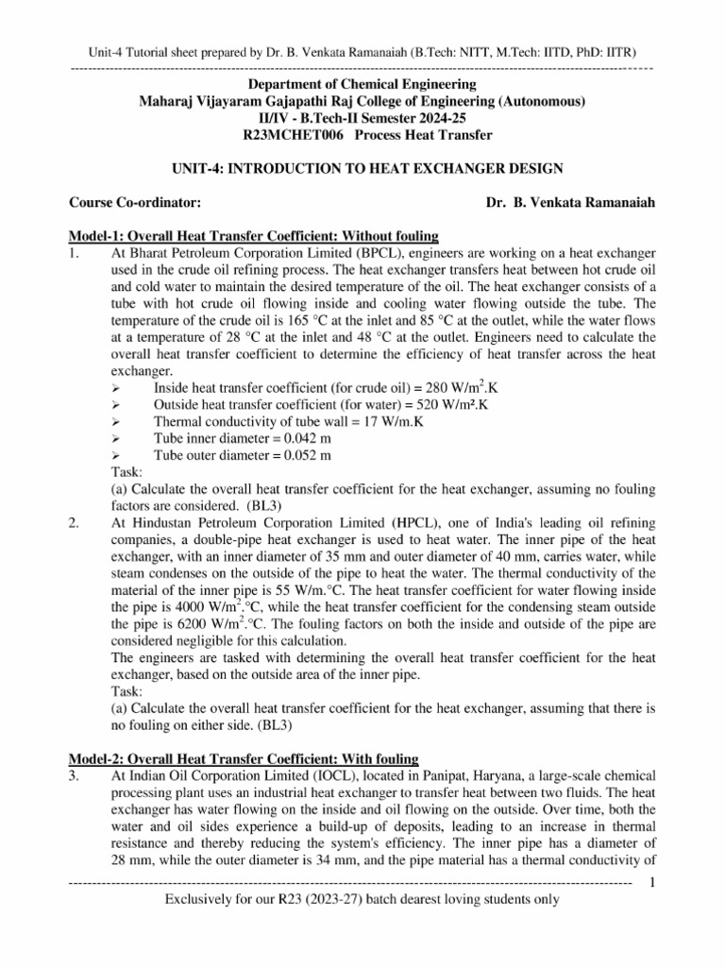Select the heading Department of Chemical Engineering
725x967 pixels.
click(362, 84)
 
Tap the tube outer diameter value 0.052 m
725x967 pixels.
click(299, 455)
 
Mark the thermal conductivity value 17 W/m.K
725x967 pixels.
click(385, 421)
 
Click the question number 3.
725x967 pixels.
click(74, 773)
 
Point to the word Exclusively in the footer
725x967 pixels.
click(201, 899)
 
